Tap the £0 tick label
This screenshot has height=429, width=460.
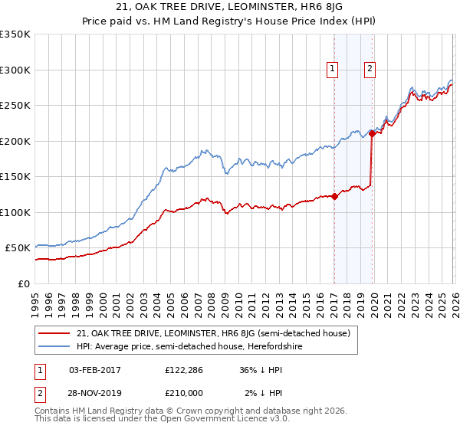click(x=23, y=283)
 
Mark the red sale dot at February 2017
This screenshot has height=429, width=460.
click(x=335, y=196)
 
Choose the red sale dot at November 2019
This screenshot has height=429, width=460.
click(x=372, y=133)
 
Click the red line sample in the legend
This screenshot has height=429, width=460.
click(x=55, y=333)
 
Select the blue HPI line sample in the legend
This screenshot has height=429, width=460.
click(x=55, y=347)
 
